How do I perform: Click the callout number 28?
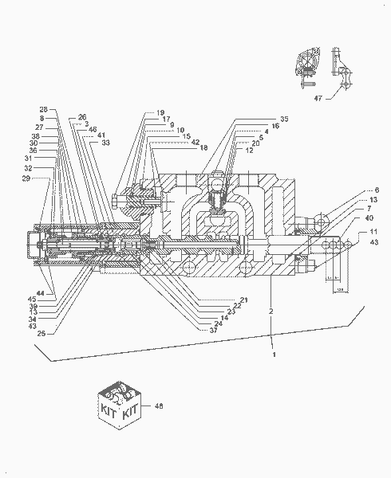(44, 108)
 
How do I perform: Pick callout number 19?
(160, 112)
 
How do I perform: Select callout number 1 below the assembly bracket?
(274, 353)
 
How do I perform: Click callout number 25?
(40, 333)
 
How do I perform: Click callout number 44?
(40, 293)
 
